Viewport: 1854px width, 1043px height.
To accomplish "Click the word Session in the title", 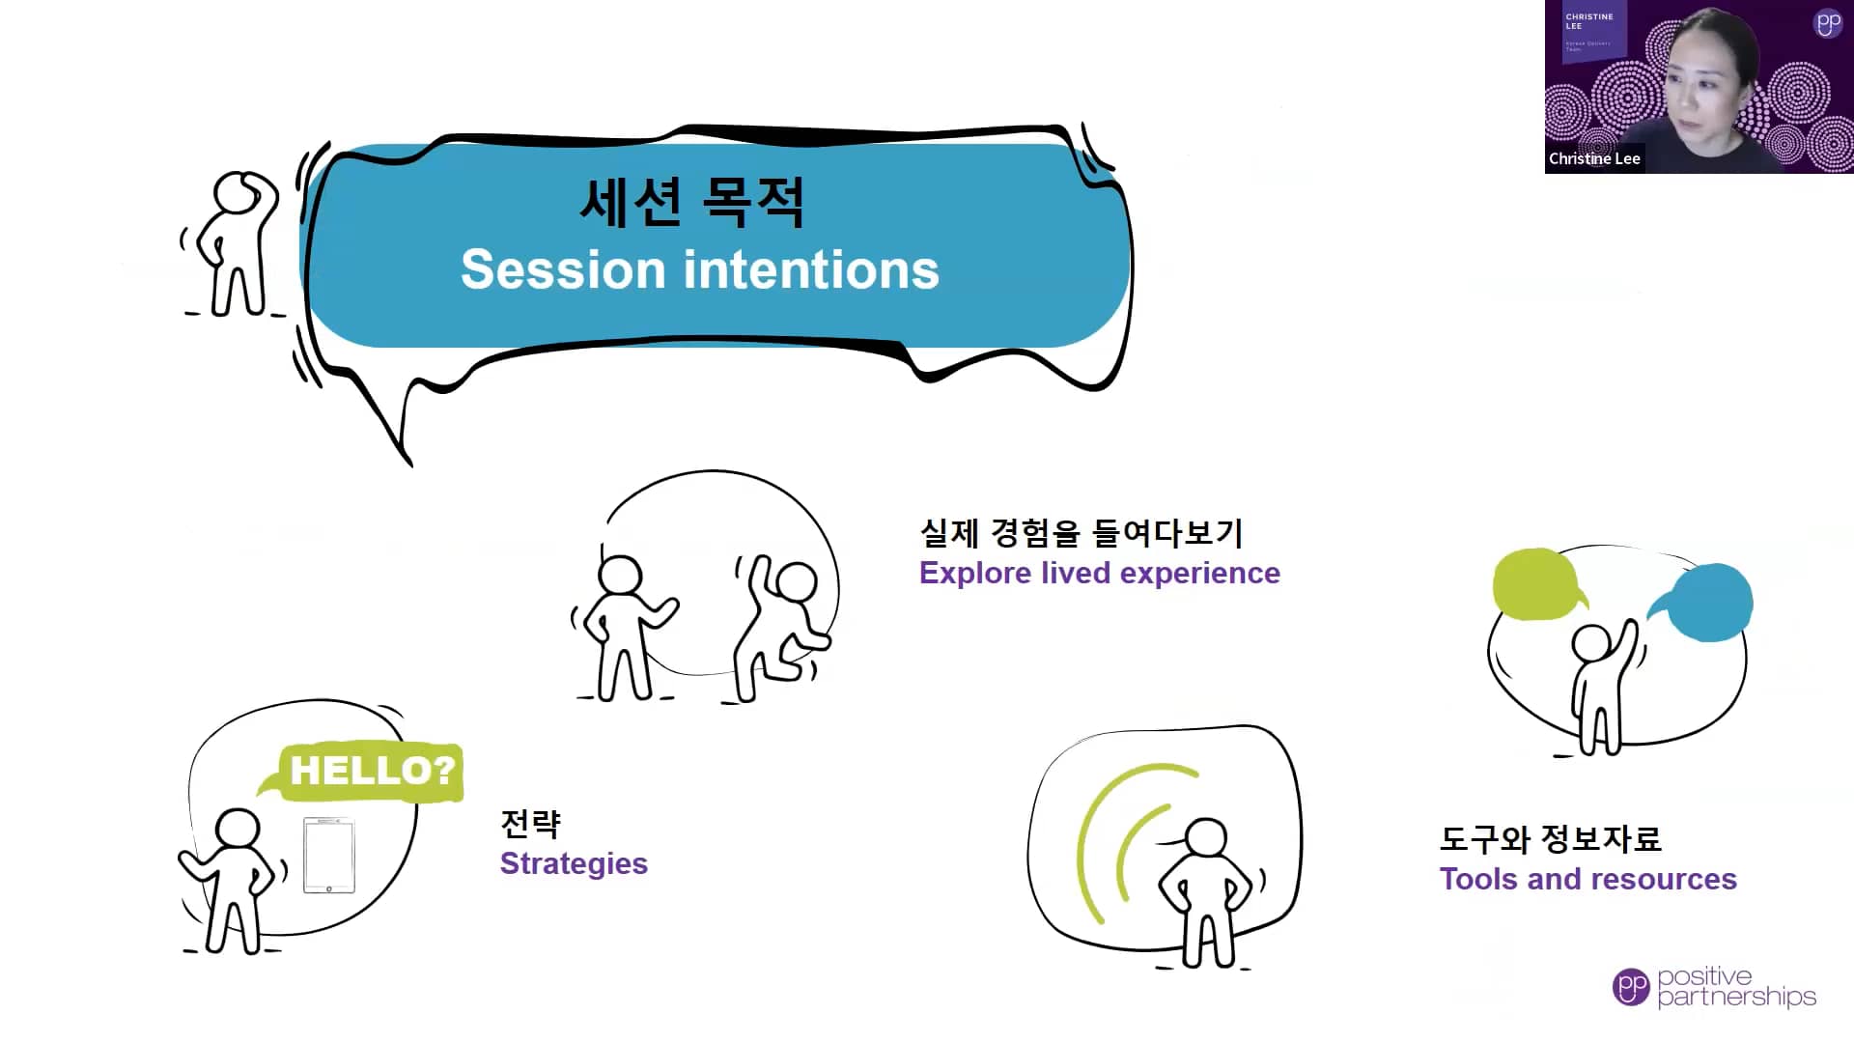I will [x=563, y=269].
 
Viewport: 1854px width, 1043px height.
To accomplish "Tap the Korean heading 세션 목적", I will [x=691, y=203].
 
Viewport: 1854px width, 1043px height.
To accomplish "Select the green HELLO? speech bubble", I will [x=372, y=771].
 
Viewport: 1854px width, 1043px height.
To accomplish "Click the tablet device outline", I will [x=329, y=856].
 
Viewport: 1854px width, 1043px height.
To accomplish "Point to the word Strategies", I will [x=574, y=863].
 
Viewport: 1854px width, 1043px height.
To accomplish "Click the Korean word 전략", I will [x=530, y=824].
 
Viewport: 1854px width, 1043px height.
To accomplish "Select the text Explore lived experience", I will [x=1099, y=573].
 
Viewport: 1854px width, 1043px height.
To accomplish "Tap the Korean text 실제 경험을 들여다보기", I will [x=1081, y=532].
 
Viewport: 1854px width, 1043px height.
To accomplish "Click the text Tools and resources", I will [x=1587, y=879].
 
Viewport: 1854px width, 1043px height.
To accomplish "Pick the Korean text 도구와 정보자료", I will [x=1550, y=838].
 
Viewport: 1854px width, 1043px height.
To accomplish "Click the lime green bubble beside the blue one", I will [x=1535, y=584].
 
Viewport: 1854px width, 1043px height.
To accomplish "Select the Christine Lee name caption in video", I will [x=1594, y=158].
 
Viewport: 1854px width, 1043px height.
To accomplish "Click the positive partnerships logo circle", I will [x=1631, y=986].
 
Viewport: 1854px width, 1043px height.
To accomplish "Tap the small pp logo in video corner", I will [x=1828, y=23].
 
